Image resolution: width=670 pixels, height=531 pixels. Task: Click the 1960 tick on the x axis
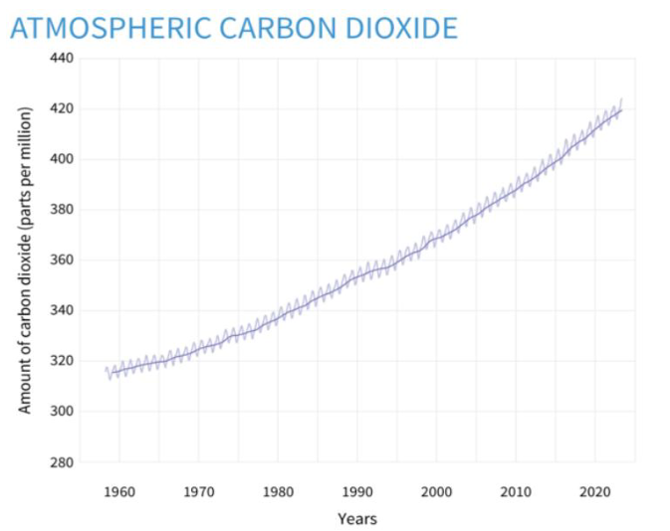click(x=119, y=491)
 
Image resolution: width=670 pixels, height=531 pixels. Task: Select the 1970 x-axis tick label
click(x=198, y=491)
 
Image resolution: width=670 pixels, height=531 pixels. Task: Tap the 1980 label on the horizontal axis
click(x=278, y=491)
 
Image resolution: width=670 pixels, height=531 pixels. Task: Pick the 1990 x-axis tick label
click(x=356, y=491)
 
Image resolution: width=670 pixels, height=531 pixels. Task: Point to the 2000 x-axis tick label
click(x=436, y=491)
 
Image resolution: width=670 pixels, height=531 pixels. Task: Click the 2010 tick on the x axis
click(x=515, y=491)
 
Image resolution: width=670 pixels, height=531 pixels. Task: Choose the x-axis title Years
click(x=357, y=518)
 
